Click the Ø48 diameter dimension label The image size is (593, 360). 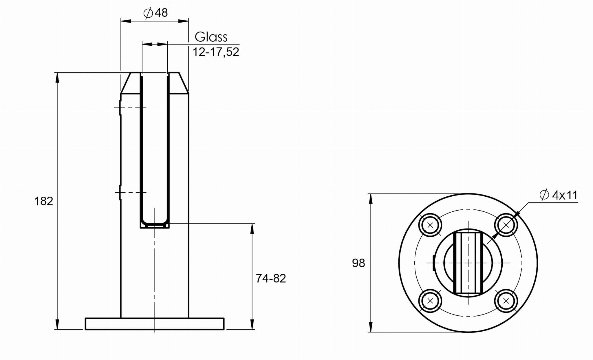(156, 13)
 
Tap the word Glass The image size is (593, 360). (211, 37)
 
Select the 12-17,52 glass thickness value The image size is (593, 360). (216, 52)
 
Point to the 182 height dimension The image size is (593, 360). (44, 201)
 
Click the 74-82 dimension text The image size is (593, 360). (271, 278)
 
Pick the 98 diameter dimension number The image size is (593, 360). (358, 263)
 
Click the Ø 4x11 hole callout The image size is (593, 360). (559, 195)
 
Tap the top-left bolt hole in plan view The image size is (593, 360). (430, 225)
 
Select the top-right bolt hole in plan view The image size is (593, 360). (506, 225)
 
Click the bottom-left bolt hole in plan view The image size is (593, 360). (430, 301)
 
